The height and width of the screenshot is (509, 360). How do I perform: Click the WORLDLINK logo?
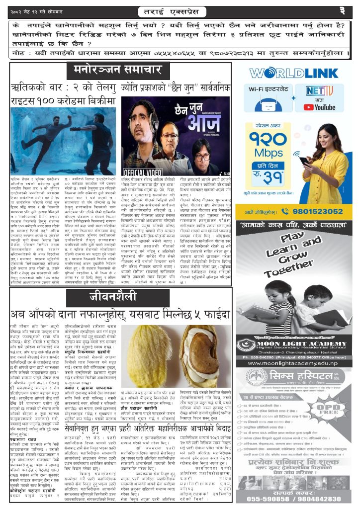[x=294, y=74]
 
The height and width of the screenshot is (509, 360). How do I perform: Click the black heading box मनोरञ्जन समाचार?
[x=117, y=69]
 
